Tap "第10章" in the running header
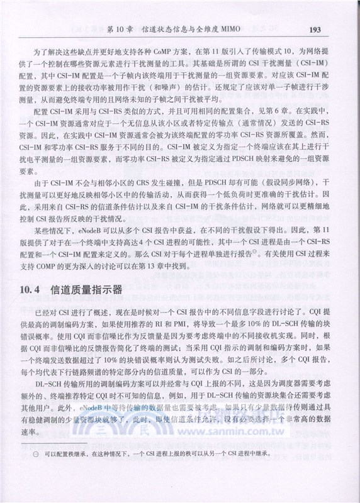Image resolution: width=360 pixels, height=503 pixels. (119, 29)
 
